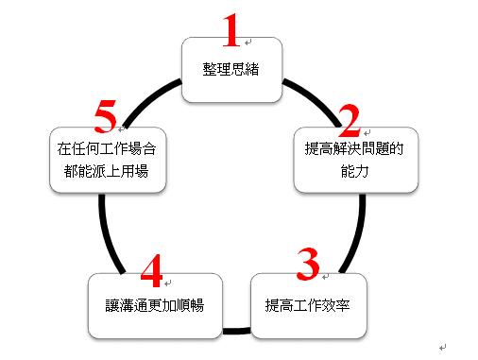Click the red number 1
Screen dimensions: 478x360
tap(231, 30)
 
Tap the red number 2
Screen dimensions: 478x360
tap(350, 121)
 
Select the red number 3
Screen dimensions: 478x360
tap(308, 264)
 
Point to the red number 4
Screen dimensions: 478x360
tap(152, 271)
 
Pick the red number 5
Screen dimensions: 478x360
tap(106, 116)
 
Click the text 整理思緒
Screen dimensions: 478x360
tap(230, 69)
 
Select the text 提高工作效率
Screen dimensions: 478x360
tap(307, 305)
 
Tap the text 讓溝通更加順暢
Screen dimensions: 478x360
tap(155, 305)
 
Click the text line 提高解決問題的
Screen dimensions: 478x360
tap(354, 148)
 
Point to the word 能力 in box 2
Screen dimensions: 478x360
tap(354, 172)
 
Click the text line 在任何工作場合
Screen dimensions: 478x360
tap(107, 148)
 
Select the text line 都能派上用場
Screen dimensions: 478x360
tap(106, 172)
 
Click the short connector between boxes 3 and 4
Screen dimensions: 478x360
tap(236, 331)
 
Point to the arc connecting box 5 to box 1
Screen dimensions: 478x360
tap(149, 98)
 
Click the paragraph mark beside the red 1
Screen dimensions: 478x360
tap(248, 42)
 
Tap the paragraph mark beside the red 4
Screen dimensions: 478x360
tap(168, 283)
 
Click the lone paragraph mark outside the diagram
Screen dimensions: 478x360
tap(443, 348)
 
